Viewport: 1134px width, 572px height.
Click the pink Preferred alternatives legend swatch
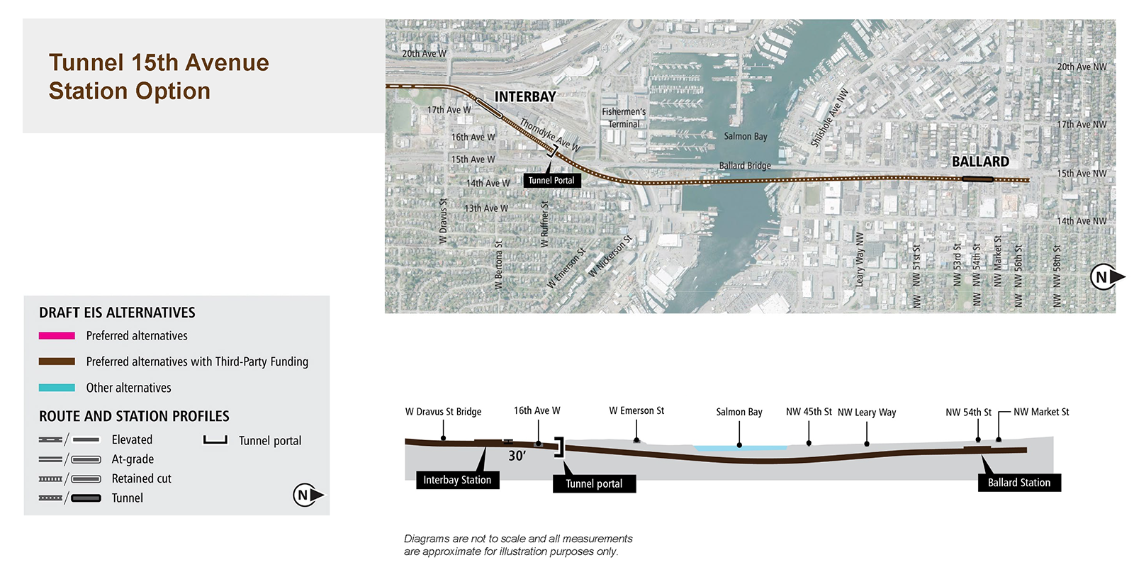57,335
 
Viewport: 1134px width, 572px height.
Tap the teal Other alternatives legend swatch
57,388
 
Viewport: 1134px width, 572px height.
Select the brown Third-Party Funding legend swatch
57,361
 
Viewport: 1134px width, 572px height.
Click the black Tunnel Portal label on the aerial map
552,180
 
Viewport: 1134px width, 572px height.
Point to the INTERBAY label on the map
525,96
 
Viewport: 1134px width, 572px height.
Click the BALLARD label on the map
981,162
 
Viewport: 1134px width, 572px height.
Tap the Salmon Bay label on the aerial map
745,136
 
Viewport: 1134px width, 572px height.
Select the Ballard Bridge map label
745,166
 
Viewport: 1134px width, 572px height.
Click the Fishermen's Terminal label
624,118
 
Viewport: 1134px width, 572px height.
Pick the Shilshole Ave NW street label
829,118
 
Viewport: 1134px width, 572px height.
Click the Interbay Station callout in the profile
457,480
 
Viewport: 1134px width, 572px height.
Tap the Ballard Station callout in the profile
1019,483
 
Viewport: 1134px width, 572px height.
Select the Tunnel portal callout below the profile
594,483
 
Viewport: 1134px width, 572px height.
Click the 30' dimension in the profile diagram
517,456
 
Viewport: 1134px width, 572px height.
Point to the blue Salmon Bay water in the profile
740,448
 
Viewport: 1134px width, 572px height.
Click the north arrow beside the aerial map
1106,277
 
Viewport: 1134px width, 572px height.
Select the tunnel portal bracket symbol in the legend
215,440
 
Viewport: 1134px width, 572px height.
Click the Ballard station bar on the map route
977,179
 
